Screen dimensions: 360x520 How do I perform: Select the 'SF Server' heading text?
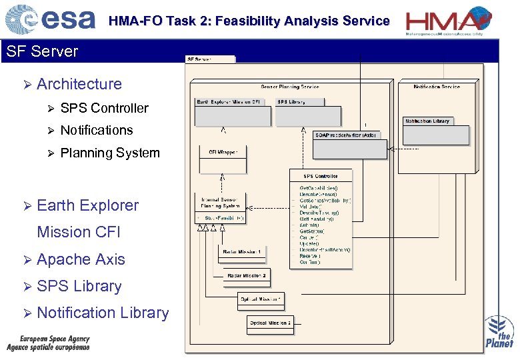(41, 51)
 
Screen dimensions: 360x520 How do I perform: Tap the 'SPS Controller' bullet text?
(104, 108)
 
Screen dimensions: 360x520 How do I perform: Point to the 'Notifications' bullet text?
(97, 130)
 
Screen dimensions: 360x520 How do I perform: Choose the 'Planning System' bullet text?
(110, 153)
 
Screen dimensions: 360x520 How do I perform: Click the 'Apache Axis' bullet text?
(81, 259)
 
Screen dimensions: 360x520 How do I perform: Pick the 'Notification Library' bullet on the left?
(103, 313)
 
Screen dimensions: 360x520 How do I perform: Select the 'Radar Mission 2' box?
(247, 275)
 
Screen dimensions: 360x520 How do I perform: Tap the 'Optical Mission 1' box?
(261, 300)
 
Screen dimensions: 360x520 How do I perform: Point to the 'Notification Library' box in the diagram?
(427, 121)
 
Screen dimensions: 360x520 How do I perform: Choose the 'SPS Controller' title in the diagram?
(321, 176)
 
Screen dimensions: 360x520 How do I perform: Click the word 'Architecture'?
(79, 84)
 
